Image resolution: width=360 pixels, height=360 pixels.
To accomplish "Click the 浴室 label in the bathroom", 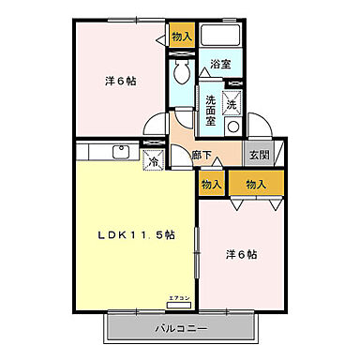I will point(220,65).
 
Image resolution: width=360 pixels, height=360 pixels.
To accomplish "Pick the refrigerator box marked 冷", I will point(151,160).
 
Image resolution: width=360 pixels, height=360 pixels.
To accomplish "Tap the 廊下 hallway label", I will point(200,156).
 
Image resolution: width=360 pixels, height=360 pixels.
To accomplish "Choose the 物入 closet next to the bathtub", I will point(182,37).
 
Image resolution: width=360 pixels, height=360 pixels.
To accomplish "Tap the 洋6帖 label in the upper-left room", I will point(120,82).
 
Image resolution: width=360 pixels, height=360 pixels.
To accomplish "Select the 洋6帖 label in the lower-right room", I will point(241,254).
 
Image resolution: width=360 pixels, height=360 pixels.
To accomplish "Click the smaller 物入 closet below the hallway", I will point(211,185).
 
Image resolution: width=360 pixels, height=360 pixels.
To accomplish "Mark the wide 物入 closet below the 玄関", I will point(255,185).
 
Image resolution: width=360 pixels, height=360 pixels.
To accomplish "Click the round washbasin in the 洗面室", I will point(235,127).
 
